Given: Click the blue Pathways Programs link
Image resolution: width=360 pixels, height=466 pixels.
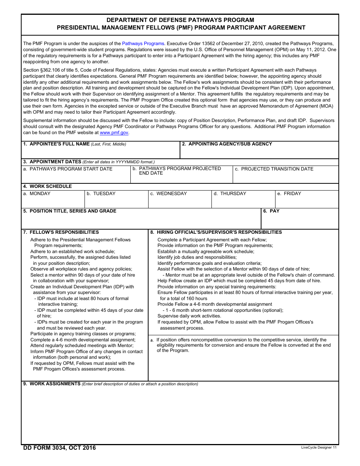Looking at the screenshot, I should click(x=143, y=44).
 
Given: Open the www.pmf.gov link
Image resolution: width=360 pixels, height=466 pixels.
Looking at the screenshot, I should click(x=114, y=133).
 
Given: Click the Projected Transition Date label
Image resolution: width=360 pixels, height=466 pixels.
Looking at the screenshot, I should click(x=277, y=169).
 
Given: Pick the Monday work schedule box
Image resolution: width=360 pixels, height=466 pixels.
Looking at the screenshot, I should click(x=53, y=201).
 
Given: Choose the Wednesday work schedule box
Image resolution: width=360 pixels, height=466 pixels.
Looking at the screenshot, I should click(x=179, y=201).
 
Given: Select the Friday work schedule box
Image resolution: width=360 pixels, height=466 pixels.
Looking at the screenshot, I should click(x=307, y=201).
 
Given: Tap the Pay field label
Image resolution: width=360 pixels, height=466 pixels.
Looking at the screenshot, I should click(x=274, y=211).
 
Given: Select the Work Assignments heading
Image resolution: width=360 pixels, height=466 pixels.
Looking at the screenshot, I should click(x=55, y=384).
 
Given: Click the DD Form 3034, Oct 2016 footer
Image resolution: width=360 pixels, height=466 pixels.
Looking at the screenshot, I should click(x=59, y=448).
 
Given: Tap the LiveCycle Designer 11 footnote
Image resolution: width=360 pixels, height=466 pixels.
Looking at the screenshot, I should click(x=319, y=447).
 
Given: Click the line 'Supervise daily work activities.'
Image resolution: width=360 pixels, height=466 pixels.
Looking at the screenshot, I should click(x=189, y=316).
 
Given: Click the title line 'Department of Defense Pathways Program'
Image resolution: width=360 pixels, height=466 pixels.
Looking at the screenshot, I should click(x=180, y=20).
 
